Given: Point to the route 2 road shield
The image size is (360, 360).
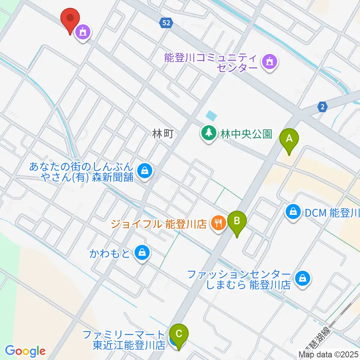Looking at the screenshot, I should pos(322,107).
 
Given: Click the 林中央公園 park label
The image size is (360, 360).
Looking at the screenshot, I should pos(246,134).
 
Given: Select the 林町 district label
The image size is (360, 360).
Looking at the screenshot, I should pos(163,133).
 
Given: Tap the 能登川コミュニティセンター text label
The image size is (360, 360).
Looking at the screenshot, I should pos(211,63).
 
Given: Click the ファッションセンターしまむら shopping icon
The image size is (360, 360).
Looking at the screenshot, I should pos(302,279).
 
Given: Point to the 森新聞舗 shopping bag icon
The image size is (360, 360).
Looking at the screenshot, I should pos(145,171).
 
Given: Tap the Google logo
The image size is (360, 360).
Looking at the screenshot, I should pos(25,351).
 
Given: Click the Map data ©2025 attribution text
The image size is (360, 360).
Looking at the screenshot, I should pos(328,354).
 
